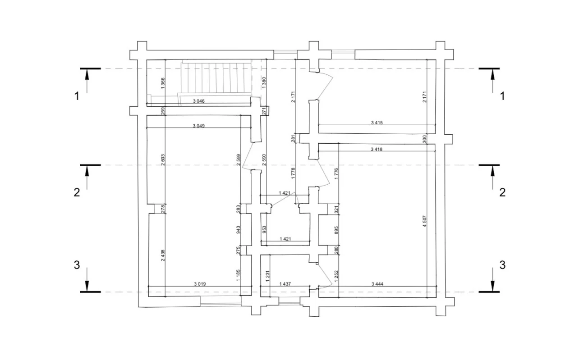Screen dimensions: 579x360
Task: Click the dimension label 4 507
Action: click(x=424, y=221)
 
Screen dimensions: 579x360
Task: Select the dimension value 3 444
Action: click(x=377, y=284)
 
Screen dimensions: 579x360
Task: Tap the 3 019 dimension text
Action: click(x=200, y=284)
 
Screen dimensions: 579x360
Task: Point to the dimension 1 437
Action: click(x=285, y=284)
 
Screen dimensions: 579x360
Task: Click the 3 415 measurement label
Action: click(x=377, y=123)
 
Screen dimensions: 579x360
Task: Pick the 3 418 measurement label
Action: click(x=377, y=149)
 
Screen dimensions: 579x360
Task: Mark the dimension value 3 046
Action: click(x=198, y=101)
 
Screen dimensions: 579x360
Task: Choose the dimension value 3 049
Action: click(x=198, y=126)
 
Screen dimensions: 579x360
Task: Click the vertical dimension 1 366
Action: click(x=163, y=83)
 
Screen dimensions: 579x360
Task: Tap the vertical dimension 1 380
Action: click(x=264, y=82)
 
